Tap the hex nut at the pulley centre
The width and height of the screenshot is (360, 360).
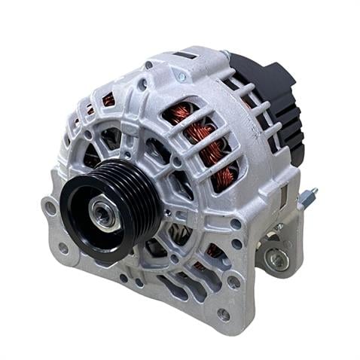tap(102, 213)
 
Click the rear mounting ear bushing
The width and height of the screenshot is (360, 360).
tap(279, 259)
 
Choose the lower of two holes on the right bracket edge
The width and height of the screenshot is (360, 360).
tap(236, 243)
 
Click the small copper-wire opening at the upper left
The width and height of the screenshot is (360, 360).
tap(108, 99)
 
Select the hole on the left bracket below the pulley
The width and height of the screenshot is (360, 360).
tap(64, 248)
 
